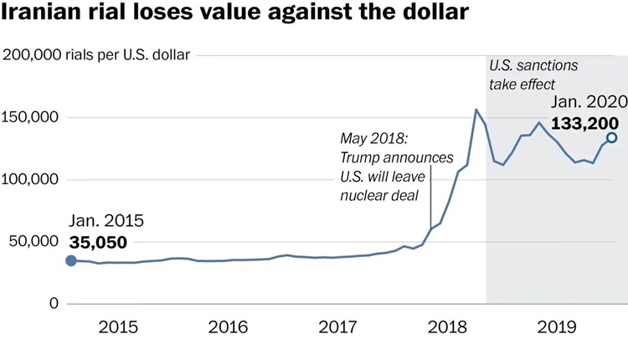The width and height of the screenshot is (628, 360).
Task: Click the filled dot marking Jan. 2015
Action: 71,260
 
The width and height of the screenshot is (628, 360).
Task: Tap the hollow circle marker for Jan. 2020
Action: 611,137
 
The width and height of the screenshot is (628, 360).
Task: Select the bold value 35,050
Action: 98,242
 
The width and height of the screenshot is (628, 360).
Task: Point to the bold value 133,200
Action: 585,124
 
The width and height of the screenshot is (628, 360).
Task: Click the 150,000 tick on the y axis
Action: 31,118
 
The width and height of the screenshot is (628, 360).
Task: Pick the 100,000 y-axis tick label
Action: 31,180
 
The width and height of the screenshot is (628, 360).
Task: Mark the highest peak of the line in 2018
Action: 476,110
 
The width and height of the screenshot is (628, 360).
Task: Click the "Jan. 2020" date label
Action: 587,102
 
